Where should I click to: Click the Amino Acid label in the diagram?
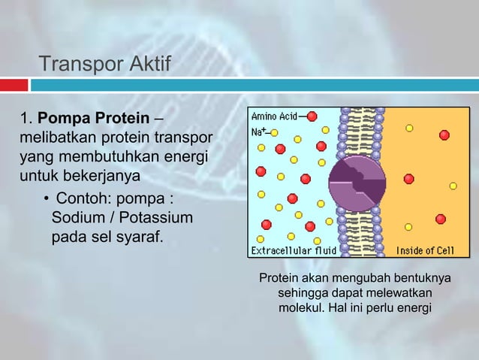pos(273,116)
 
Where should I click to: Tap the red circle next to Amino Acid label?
pos(312,116)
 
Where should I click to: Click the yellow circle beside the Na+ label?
pos(274,132)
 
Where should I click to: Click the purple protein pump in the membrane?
pos(357,180)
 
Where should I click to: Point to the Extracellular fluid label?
pos(294,250)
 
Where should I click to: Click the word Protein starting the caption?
pos(279,279)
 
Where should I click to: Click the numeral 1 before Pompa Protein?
pos(23,120)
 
